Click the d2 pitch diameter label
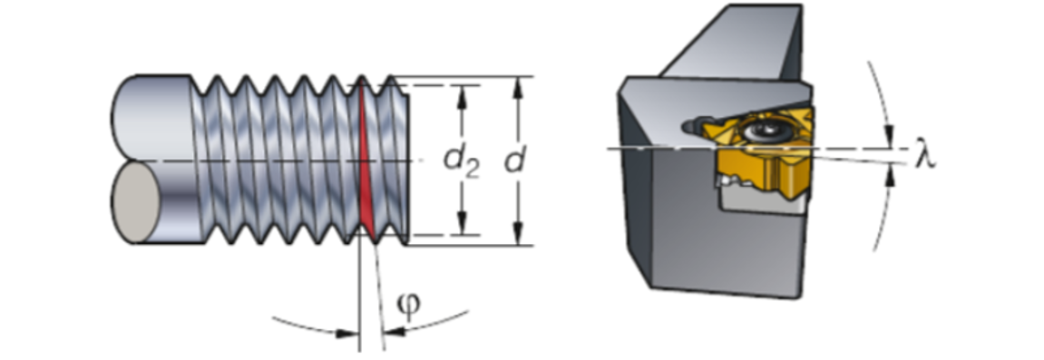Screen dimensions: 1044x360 tap(461, 161)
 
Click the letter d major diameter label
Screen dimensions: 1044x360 tap(514, 161)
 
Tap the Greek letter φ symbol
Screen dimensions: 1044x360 tap(409, 306)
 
